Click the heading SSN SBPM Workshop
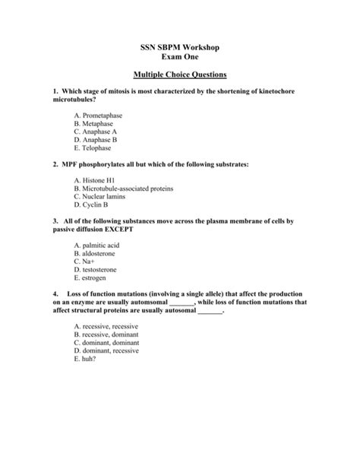(180, 47)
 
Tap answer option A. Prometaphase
(98, 115)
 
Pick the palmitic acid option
(97, 245)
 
